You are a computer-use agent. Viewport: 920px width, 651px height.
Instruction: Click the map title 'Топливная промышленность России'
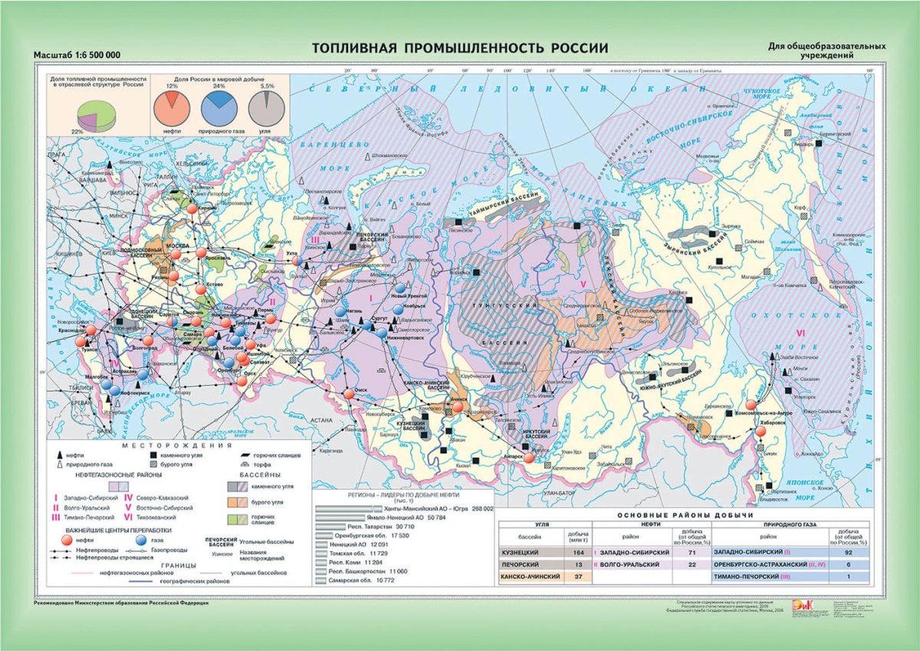pos(459,48)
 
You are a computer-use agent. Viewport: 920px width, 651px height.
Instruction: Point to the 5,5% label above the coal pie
pos(267,87)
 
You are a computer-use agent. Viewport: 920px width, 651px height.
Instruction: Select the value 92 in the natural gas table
pos(848,552)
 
